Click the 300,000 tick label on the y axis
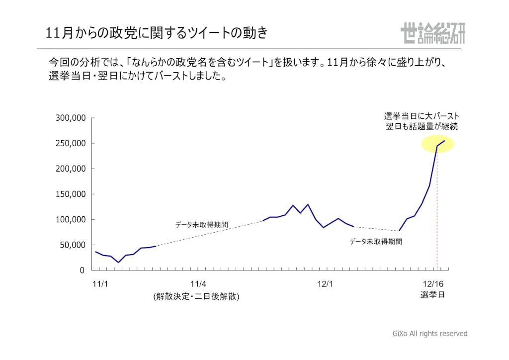(x=70, y=118)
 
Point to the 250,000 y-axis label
(x=70, y=144)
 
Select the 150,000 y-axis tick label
(x=70, y=194)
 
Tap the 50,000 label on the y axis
(x=73, y=245)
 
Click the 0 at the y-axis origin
(x=83, y=270)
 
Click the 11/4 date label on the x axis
(x=198, y=284)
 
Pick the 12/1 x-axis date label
(x=325, y=284)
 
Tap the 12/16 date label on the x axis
(x=432, y=284)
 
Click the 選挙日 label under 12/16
(x=432, y=295)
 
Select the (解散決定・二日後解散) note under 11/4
(x=196, y=296)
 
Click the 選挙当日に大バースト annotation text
(x=422, y=116)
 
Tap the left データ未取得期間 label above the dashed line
(x=201, y=225)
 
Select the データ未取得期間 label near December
(x=375, y=242)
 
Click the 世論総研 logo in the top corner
(x=432, y=33)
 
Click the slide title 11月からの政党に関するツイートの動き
(x=157, y=33)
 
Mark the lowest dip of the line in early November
(x=118, y=262)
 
